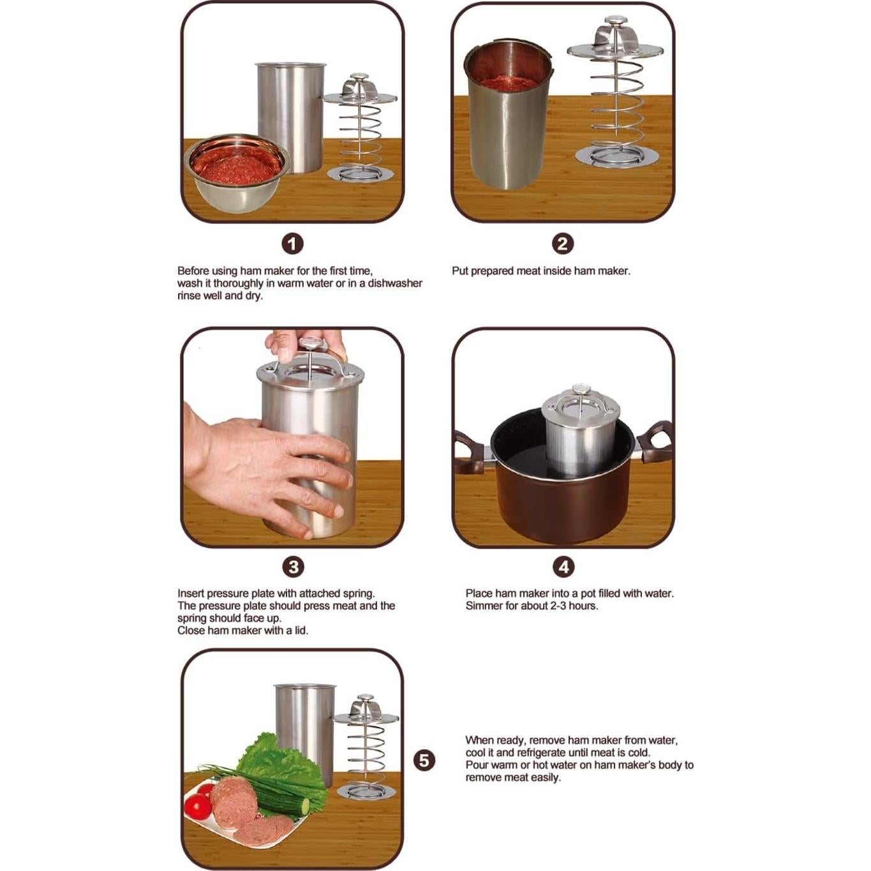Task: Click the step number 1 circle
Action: pyautogui.click(x=292, y=244)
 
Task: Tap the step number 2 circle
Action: pyautogui.click(x=563, y=244)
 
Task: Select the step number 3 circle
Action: pyautogui.click(x=294, y=567)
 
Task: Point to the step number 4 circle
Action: pyautogui.click(x=563, y=567)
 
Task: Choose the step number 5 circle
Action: pyautogui.click(x=424, y=760)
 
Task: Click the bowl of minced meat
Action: pyautogui.click(x=237, y=173)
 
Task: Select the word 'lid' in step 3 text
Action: pyautogui.click(x=301, y=630)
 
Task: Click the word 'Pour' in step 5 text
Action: pyautogui.click(x=476, y=765)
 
